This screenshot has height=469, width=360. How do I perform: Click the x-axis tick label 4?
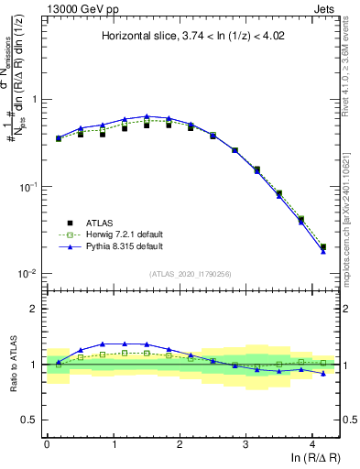(x=312, y=442)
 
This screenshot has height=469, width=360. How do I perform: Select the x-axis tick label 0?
(x=47, y=442)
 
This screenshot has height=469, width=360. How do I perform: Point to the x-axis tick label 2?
(x=180, y=442)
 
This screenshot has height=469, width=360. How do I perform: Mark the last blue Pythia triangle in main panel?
(x=322, y=251)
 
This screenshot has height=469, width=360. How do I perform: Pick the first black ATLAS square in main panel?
(x=59, y=139)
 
